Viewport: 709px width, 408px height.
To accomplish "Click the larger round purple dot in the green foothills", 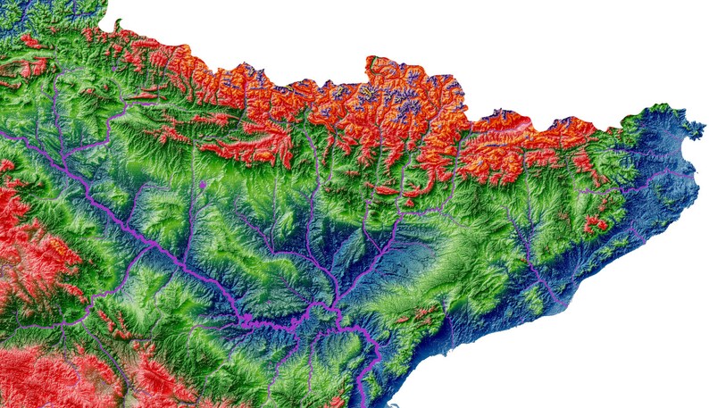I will pos(204,185).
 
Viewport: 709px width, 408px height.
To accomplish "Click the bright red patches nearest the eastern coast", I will pos(595,223).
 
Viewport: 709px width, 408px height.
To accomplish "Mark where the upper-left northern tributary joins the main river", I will pos(68,161).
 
